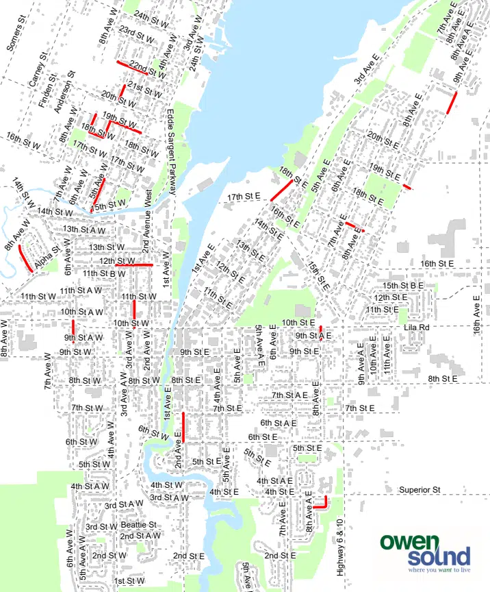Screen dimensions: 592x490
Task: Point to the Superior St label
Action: click(x=418, y=490)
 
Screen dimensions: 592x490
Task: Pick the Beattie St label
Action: click(x=138, y=525)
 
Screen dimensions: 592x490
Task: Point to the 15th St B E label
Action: click(x=403, y=285)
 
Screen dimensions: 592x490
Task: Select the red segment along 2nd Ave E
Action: click(x=183, y=428)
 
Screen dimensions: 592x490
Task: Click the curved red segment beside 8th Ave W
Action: click(x=23, y=258)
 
